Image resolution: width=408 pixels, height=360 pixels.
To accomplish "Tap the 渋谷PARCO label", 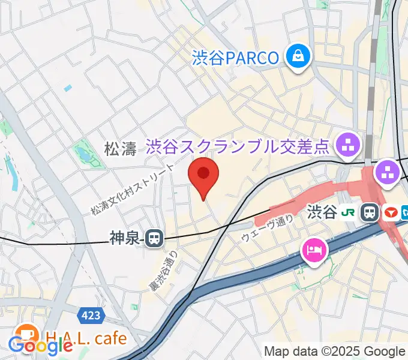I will (236, 58).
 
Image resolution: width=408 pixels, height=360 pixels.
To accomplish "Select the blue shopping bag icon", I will (296, 58).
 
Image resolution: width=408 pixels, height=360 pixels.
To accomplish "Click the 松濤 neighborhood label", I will (121, 149).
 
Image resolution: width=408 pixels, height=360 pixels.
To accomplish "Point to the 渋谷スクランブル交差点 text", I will (239, 145).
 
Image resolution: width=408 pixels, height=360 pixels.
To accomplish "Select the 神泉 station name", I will (125, 239).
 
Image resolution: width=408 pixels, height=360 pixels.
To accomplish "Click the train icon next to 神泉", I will (154, 239).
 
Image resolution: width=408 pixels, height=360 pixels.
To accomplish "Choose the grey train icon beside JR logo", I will (370, 211).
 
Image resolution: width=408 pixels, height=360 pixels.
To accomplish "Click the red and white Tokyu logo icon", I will (389, 211).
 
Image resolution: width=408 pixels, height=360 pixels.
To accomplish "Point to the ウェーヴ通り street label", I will (268, 229).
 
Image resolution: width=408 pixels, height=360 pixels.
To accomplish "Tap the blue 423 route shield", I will (89, 314).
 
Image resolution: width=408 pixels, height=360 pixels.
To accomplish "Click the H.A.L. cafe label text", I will (86, 338).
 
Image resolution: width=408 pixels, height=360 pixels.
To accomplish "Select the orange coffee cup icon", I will (26, 334).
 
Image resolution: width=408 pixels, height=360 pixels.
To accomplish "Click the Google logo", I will (41, 344).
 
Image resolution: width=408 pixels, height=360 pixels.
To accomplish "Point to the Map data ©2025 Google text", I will (335, 352).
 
